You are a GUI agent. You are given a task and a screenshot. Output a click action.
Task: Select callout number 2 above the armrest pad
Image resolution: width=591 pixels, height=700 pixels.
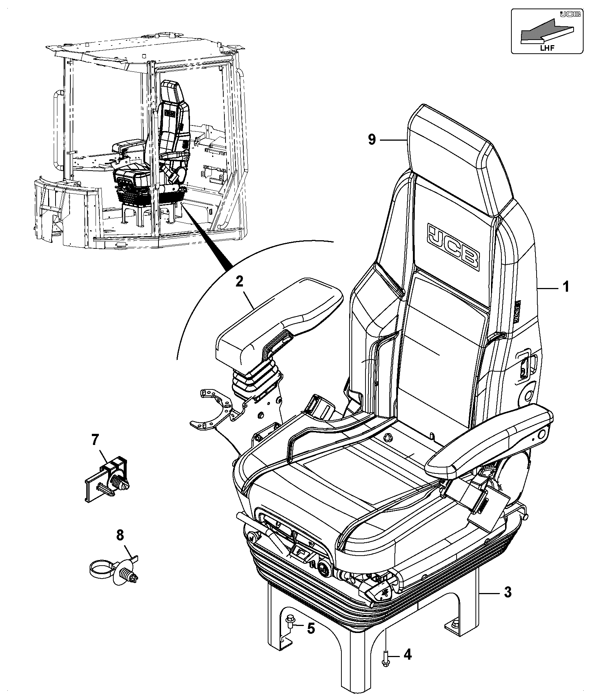239,282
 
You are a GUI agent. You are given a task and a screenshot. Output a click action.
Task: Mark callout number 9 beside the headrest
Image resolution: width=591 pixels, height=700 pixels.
372,140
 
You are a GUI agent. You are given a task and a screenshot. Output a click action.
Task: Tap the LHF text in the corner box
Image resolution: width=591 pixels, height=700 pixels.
546,46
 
